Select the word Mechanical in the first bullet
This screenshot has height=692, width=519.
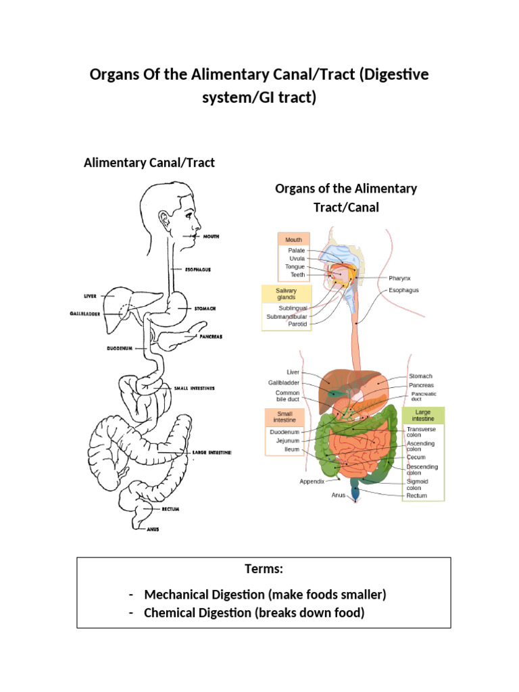[x=174, y=595]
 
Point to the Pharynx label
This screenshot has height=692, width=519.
[x=399, y=278]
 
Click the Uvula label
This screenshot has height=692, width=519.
[x=296, y=258]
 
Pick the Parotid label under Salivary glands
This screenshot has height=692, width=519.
[x=297, y=324]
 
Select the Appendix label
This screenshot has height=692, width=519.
[x=312, y=481]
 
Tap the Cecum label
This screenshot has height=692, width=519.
[x=416, y=457]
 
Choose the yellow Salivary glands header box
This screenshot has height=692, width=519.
[x=286, y=294]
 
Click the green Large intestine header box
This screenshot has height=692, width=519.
[x=422, y=415]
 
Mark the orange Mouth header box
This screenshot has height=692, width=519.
[x=293, y=239]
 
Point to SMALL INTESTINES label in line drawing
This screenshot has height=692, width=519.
[x=194, y=388]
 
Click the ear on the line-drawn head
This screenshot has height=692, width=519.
[x=164, y=219]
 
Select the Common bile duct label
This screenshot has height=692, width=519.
[x=287, y=397]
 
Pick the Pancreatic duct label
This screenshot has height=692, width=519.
[x=424, y=397]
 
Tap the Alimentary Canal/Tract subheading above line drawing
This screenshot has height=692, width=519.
[x=149, y=163]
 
